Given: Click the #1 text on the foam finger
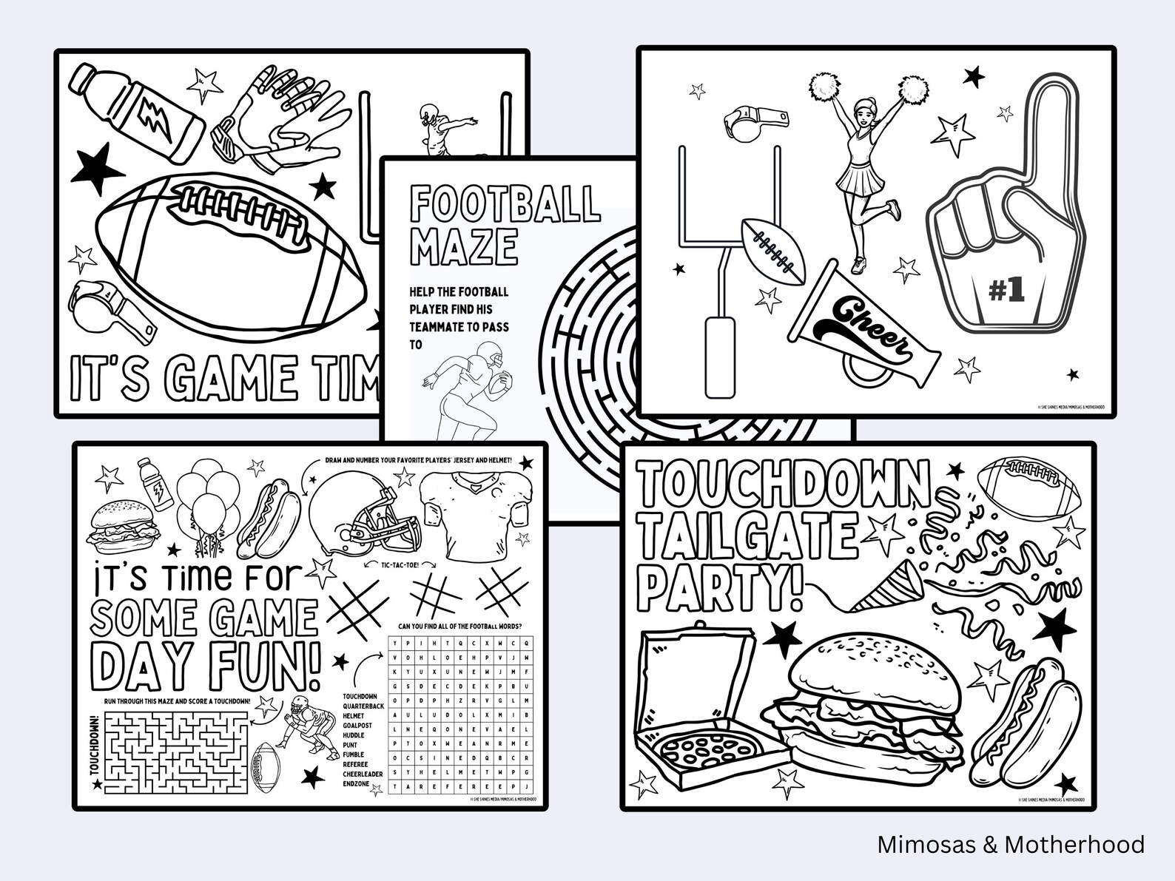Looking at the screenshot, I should (1007, 291).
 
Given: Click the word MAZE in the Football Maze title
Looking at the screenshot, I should (464, 246).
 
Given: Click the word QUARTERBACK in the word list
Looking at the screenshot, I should (363, 706).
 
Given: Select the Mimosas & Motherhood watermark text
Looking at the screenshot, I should (1010, 845).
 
